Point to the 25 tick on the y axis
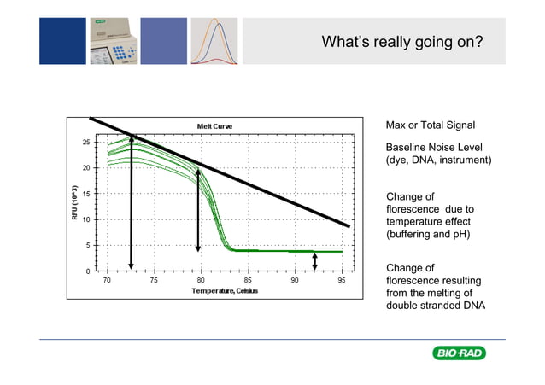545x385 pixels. point(86,143)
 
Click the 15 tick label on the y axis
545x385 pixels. point(86,194)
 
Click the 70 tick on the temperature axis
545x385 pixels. point(107,280)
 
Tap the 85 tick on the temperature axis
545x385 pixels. point(247,280)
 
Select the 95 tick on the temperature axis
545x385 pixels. point(341,280)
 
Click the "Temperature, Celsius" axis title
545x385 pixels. point(224,291)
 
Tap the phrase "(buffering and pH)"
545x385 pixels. point(431,234)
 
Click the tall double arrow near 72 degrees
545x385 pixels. point(131,202)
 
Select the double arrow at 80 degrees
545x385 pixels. point(198,209)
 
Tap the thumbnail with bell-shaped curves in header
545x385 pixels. point(214,40)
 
